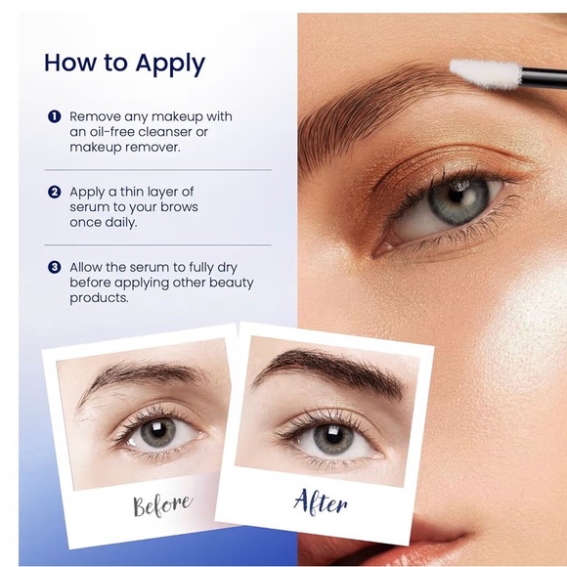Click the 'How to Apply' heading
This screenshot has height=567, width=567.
pyautogui.click(x=124, y=64)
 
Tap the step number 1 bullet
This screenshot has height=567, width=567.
pyautogui.click(x=54, y=116)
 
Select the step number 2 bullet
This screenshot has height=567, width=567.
pyautogui.click(x=54, y=192)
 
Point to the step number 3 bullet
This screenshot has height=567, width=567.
pyautogui.click(x=54, y=267)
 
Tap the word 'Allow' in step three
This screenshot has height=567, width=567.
pyautogui.click(x=87, y=267)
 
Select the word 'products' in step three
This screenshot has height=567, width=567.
pyautogui.click(x=100, y=298)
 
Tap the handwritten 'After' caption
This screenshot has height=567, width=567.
pyautogui.click(x=320, y=502)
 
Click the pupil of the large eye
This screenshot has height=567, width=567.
pyautogui.click(x=451, y=199)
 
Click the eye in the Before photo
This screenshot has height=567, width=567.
pyautogui.click(x=156, y=430)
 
